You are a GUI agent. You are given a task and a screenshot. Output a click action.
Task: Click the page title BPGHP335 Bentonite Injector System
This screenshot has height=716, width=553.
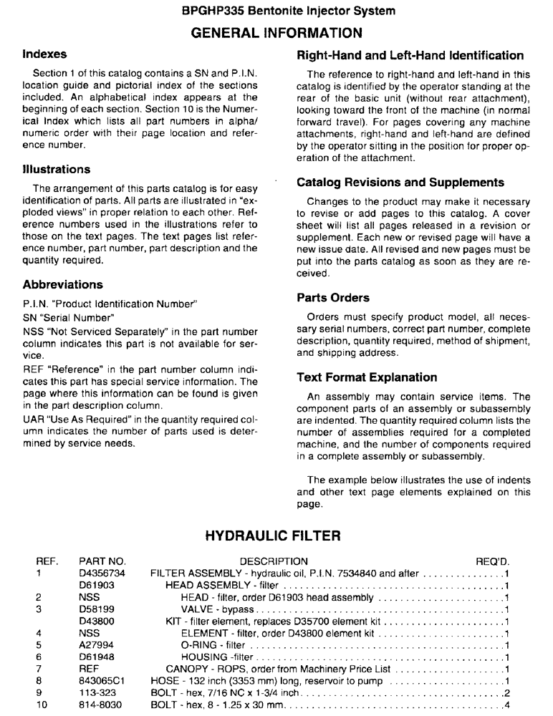click(276, 11)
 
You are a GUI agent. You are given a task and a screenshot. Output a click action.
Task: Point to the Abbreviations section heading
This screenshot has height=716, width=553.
click(62, 284)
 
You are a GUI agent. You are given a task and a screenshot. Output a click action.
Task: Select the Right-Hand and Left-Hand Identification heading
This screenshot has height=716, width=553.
click(410, 55)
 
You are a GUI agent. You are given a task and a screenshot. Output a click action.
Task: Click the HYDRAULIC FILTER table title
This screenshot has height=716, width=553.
click(276, 536)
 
